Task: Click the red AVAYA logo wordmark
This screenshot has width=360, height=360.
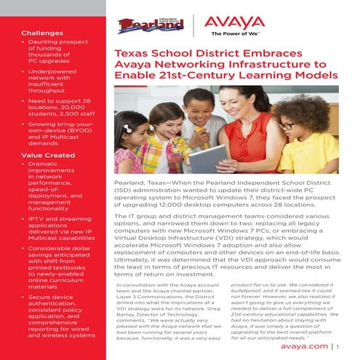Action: point(233,23)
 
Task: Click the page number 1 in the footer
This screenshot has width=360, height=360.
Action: point(337,347)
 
